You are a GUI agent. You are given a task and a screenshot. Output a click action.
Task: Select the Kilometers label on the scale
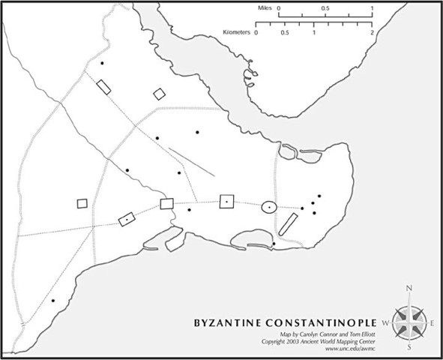click(238, 33)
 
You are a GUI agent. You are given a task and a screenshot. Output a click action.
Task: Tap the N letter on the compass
click(409, 289)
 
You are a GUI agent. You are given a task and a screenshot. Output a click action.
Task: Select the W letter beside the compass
click(385, 322)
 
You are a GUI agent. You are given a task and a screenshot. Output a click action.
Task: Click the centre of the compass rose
click(409, 322)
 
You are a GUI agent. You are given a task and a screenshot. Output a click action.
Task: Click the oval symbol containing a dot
click(269, 206)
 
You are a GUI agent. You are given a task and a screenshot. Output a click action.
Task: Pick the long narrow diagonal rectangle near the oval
click(289, 225)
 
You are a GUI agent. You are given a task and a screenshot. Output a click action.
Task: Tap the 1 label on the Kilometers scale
click(314, 34)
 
